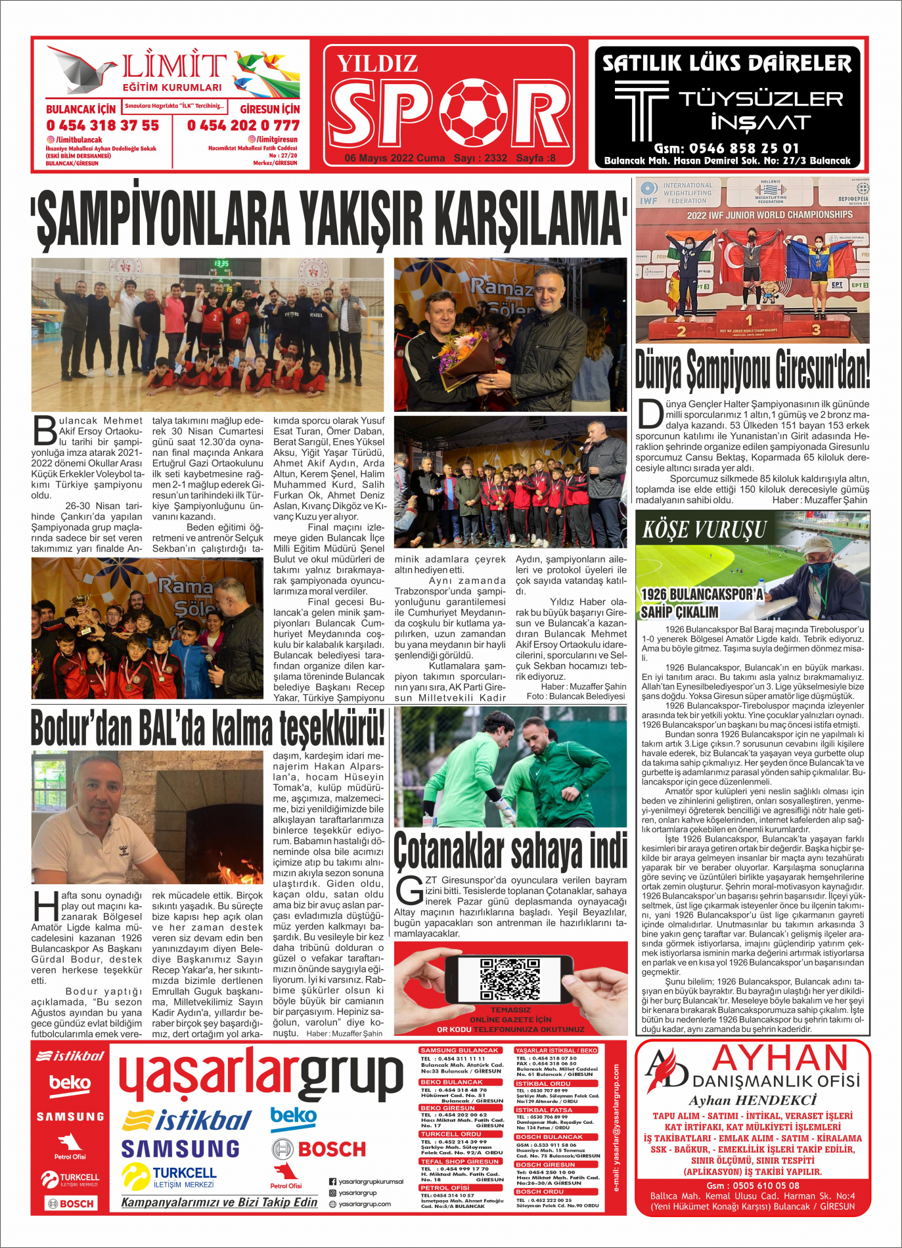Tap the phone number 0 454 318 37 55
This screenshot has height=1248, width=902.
point(102,125)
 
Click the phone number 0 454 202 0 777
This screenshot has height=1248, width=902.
point(243,125)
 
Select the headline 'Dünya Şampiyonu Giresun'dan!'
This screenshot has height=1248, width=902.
point(752,370)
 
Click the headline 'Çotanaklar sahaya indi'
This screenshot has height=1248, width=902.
point(510,851)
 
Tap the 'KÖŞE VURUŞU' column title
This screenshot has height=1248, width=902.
point(704,529)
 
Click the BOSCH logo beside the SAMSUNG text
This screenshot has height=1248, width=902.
point(319,1149)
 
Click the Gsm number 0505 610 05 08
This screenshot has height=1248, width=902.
point(753,1185)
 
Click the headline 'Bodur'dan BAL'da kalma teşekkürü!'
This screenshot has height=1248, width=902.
point(208,728)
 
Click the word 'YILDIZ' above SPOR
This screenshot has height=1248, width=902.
point(378,64)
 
